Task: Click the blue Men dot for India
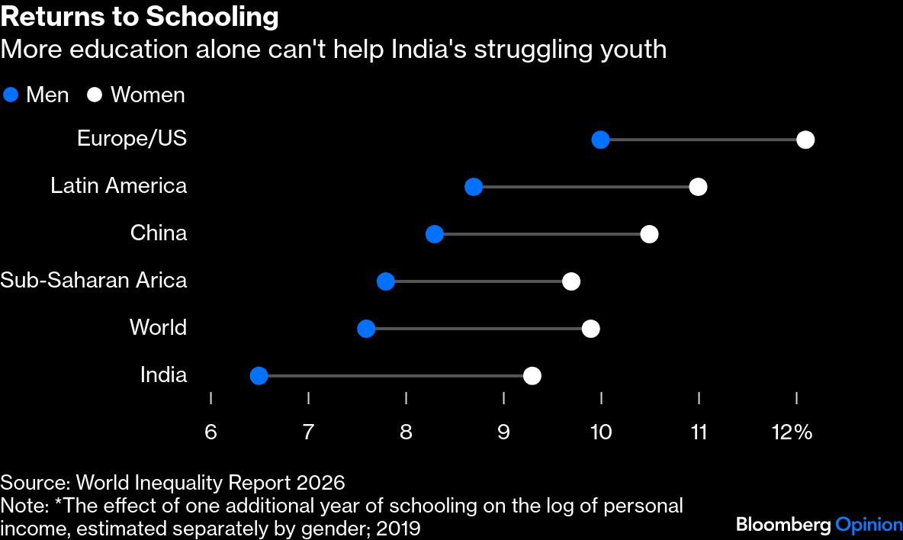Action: click(x=259, y=376)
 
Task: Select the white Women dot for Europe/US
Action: click(x=805, y=140)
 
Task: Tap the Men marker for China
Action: click(x=434, y=234)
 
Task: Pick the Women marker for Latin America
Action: click(x=697, y=187)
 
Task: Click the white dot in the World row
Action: click(x=590, y=329)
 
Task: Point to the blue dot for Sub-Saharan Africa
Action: click(x=386, y=281)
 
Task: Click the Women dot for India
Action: click(x=532, y=376)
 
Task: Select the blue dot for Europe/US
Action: click(x=600, y=140)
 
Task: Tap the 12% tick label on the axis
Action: click(x=792, y=432)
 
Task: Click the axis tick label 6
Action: click(x=210, y=432)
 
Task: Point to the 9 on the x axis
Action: click(x=503, y=432)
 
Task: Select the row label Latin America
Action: click(x=118, y=186)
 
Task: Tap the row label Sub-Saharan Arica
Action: click(x=93, y=281)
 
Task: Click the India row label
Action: click(x=163, y=375)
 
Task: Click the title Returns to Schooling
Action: click(x=140, y=17)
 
